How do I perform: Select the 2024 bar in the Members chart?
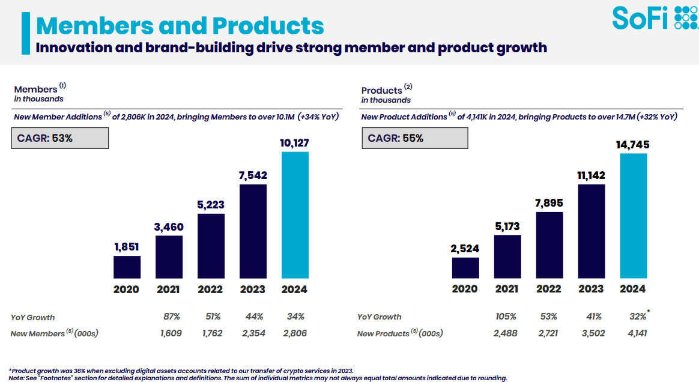point(295,214)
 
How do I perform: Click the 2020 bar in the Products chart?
point(465,268)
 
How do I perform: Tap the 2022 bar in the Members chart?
point(211,246)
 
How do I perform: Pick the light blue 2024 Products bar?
point(633,216)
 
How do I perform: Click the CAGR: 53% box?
point(60,138)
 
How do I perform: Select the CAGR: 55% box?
point(414,138)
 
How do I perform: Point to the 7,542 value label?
point(253,175)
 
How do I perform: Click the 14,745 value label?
point(633,145)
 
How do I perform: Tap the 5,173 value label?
point(507,226)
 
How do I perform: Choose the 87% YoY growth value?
point(169,317)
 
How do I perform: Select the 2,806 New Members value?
point(295,333)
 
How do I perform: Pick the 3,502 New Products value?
point(591,333)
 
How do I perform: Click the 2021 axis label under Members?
point(169,290)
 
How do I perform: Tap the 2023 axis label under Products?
point(591,289)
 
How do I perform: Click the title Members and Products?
point(180,26)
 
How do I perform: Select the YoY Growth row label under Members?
point(32,317)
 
